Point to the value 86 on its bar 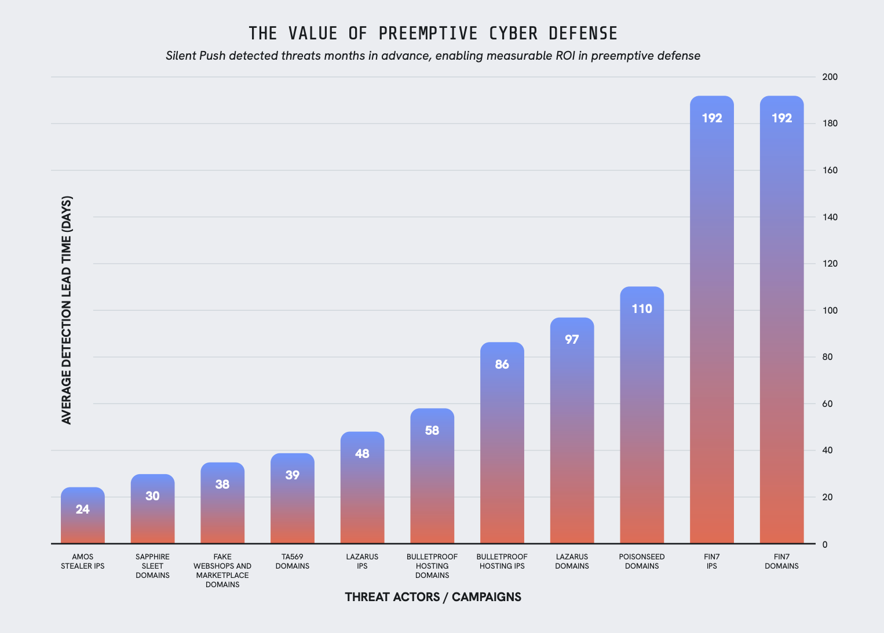[502, 365]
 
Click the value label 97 [572, 340]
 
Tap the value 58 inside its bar [432, 431]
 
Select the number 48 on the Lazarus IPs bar [362, 454]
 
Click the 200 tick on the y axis [830, 77]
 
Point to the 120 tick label [830, 264]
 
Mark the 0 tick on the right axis [825, 544]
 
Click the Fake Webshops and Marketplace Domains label [222, 571]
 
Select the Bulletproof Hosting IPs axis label [502, 562]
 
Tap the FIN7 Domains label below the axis [781, 562]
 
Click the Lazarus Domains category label [572, 562]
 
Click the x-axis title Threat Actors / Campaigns [433, 597]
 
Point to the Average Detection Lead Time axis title [67, 310]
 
